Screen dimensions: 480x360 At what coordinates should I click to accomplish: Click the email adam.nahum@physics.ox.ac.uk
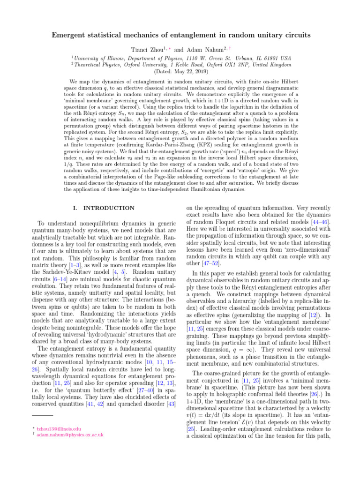[x=70, y=435]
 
